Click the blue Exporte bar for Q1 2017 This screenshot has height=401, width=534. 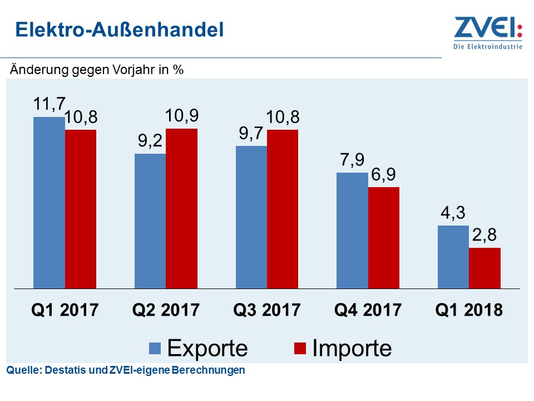pyautogui.click(x=49, y=203)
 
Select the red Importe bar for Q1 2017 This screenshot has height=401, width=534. pyautogui.click(x=81, y=209)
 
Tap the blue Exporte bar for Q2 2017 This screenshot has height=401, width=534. pyautogui.click(x=150, y=221)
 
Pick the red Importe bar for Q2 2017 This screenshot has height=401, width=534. pyautogui.click(x=181, y=208)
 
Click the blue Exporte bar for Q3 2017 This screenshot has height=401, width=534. pyautogui.click(x=251, y=217)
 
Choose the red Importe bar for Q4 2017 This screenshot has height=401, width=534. pyautogui.click(x=383, y=238)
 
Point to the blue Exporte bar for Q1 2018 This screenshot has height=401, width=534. pyautogui.click(x=453, y=257)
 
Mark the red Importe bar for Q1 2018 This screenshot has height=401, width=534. pyautogui.click(x=484, y=268)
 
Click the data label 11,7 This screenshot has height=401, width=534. pyautogui.click(x=49, y=104)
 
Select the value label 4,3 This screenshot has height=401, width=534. pyautogui.click(x=453, y=213)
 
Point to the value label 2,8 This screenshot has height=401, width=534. pyautogui.click(x=484, y=235)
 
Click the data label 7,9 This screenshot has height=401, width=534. pyautogui.click(x=352, y=160)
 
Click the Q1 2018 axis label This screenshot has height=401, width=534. pyautogui.click(x=468, y=310)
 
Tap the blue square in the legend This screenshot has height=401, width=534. pyautogui.click(x=155, y=349)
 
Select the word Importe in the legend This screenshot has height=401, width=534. pyautogui.click(x=352, y=348)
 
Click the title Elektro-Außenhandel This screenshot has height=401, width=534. pyautogui.click(x=119, y=30)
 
